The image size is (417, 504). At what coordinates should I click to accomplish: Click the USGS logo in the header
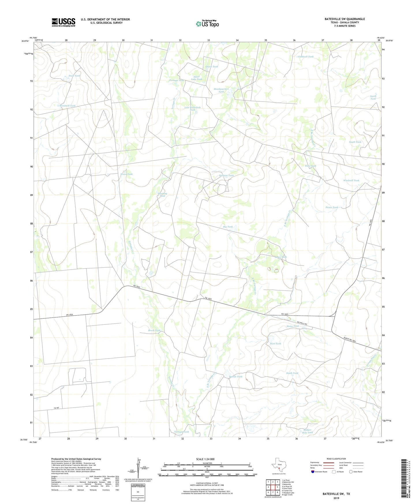(x=63, y=22)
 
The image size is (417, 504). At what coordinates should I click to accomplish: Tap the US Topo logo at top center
(x=207, y=24)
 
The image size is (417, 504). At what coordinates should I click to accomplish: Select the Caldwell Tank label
(x=306, y=57)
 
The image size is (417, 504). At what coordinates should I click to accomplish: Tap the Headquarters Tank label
(x=221, y=90)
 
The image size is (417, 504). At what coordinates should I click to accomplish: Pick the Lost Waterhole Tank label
(x=192, y=109)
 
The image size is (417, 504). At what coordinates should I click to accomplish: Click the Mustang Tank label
(x=162, y=195)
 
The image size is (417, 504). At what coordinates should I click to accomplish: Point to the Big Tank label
(x=228, y=227)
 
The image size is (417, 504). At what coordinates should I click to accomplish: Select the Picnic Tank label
(x=332, y=207)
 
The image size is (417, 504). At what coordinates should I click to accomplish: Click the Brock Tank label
(x=154, y=330)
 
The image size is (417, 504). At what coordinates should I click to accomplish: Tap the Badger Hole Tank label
(x=307, y=431)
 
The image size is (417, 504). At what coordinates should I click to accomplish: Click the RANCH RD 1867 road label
(x=349, y=340)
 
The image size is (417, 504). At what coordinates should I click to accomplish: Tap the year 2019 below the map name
(x=336, y=498)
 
